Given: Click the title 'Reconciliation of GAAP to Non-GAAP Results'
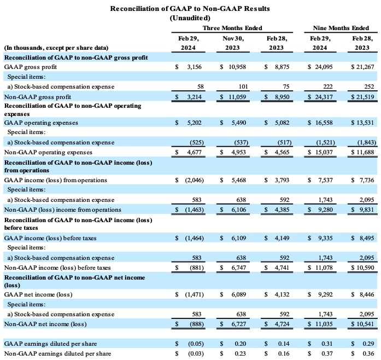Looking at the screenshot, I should pyautogui.click(x=190, y=9).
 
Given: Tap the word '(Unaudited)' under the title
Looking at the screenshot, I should pyautogui.click(x=190, y=18).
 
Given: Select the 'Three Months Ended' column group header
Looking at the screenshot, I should pyautogui.click(x=232, y=28).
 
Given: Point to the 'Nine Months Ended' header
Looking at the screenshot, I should pyautogui.click(x=339, y=28).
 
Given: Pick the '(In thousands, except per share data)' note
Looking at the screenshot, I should pyautogui.click(x=56, y=48).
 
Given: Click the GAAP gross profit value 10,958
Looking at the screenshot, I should pyautogui.click(x=236, y=67).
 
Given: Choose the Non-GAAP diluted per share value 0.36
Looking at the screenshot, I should pyautogui.click(x=367, y=353).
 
